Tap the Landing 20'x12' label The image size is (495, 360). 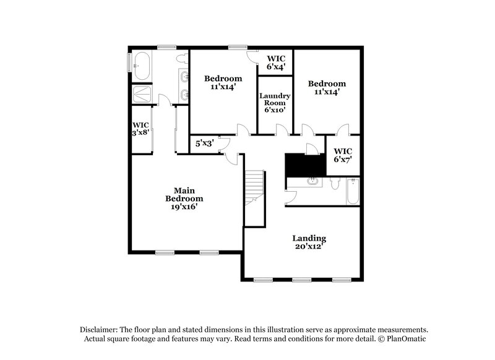click(309, 242)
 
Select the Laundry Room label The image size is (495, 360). click(275, 101)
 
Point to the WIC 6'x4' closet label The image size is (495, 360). click(275, 62)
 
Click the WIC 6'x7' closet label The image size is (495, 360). click(343, 155)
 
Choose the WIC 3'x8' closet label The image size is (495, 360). click(140, 128)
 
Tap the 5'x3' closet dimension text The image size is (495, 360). click(205, 144)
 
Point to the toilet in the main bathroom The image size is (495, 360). click(181, 59)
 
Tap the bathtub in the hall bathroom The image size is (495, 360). click(353, 192)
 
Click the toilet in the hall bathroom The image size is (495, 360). click(335, 184)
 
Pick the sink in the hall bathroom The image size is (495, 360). click(312, 181)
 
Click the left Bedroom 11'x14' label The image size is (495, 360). click(223, 83)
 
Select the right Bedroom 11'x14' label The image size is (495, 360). click(327, 88)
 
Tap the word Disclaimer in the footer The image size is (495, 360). click(99, 330)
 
